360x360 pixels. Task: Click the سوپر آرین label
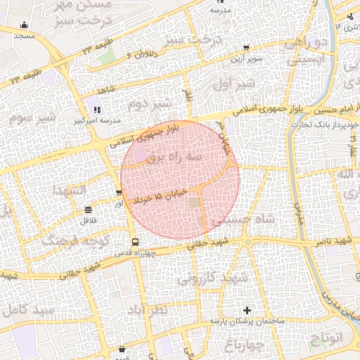click(x=247, y=58)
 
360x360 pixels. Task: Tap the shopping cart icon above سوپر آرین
click(x=245, y=48)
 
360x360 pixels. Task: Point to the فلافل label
click(x=88, y=220)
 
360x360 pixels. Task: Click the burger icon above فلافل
click(x=88, y=210)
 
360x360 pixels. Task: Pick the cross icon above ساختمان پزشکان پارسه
click(x=246, y=310)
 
